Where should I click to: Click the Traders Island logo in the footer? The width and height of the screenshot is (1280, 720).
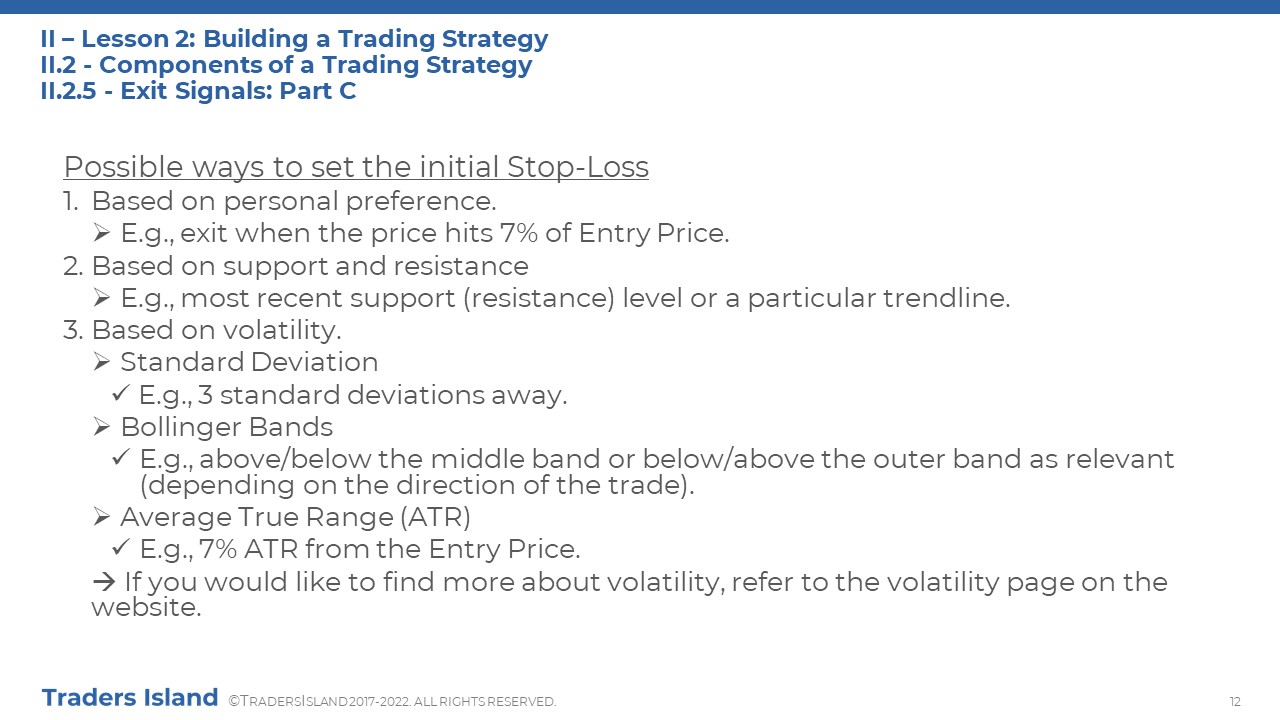(x=130, y=698)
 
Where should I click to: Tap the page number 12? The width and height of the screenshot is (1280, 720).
(x=1235, y=701)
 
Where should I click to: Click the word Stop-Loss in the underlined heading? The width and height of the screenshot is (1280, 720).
(x=578, y=167)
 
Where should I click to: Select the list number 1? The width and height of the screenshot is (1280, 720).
(x=70, y=201)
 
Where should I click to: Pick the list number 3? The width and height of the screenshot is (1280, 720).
(x=73, y=330)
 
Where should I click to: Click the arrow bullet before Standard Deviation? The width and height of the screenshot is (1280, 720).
(x=102, y=362)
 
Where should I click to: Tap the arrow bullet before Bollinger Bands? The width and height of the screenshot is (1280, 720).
(x=102, y=427)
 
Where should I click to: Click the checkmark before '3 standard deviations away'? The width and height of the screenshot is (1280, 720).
(x=121, y=393)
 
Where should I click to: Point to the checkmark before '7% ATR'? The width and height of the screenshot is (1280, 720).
(x=121, y=547)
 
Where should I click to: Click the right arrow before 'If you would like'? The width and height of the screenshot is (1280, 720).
(x=104, y=582)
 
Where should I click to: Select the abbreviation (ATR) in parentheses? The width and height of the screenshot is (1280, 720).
(x=435, y=517)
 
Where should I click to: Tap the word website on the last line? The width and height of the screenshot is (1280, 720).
(x=146, y=607)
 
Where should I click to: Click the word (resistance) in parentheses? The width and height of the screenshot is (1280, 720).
(x=539, y=298)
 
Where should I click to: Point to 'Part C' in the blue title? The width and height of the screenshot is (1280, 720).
(x=318, y=91)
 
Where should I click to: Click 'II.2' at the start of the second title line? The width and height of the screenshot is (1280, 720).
(x=58, y=65)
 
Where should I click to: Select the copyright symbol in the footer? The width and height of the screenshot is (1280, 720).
(x=234, y=701)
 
